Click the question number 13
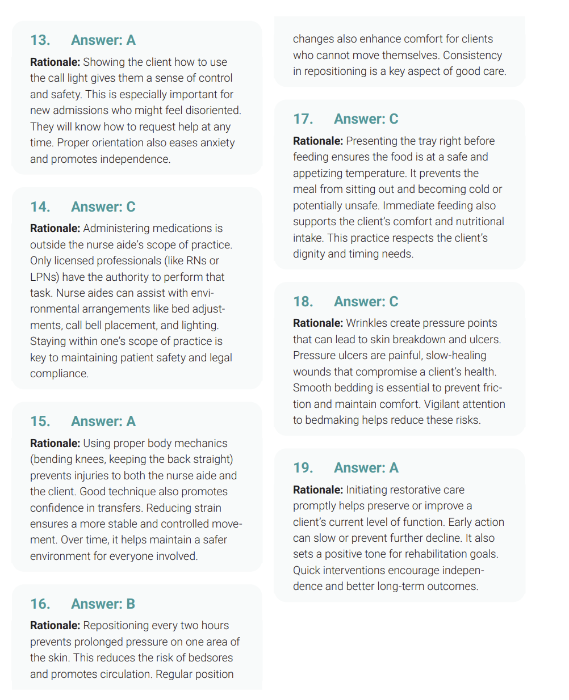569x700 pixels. pos(40,40)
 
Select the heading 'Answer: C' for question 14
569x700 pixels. pos(103,207)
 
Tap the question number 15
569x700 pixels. pos(40,421)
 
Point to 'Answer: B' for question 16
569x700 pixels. pos(103,604)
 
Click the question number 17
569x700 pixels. pos(303,119)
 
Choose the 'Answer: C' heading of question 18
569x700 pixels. pos(366,302)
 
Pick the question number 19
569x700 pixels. pos(303,468)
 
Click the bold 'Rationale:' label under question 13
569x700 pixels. pos(55,62)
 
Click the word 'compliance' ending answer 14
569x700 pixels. pos(59,374)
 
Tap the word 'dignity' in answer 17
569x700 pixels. pos(310,254)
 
